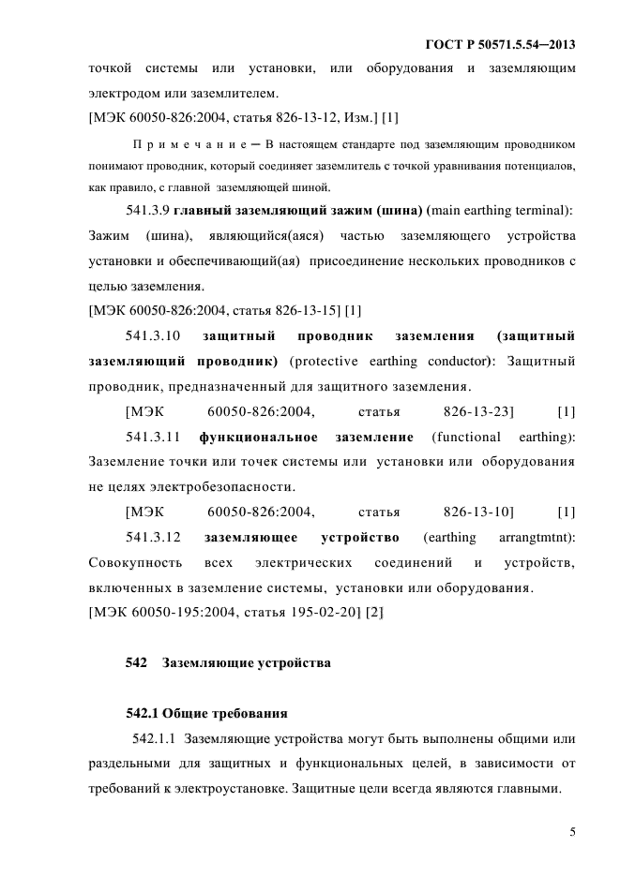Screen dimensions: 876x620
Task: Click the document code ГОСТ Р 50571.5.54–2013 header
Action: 500,44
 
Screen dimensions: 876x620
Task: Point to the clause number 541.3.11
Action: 151,437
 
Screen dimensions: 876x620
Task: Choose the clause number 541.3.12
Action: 151,538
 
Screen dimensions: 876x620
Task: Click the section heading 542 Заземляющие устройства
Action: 228,663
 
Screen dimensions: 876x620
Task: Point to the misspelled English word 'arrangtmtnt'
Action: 537,538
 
